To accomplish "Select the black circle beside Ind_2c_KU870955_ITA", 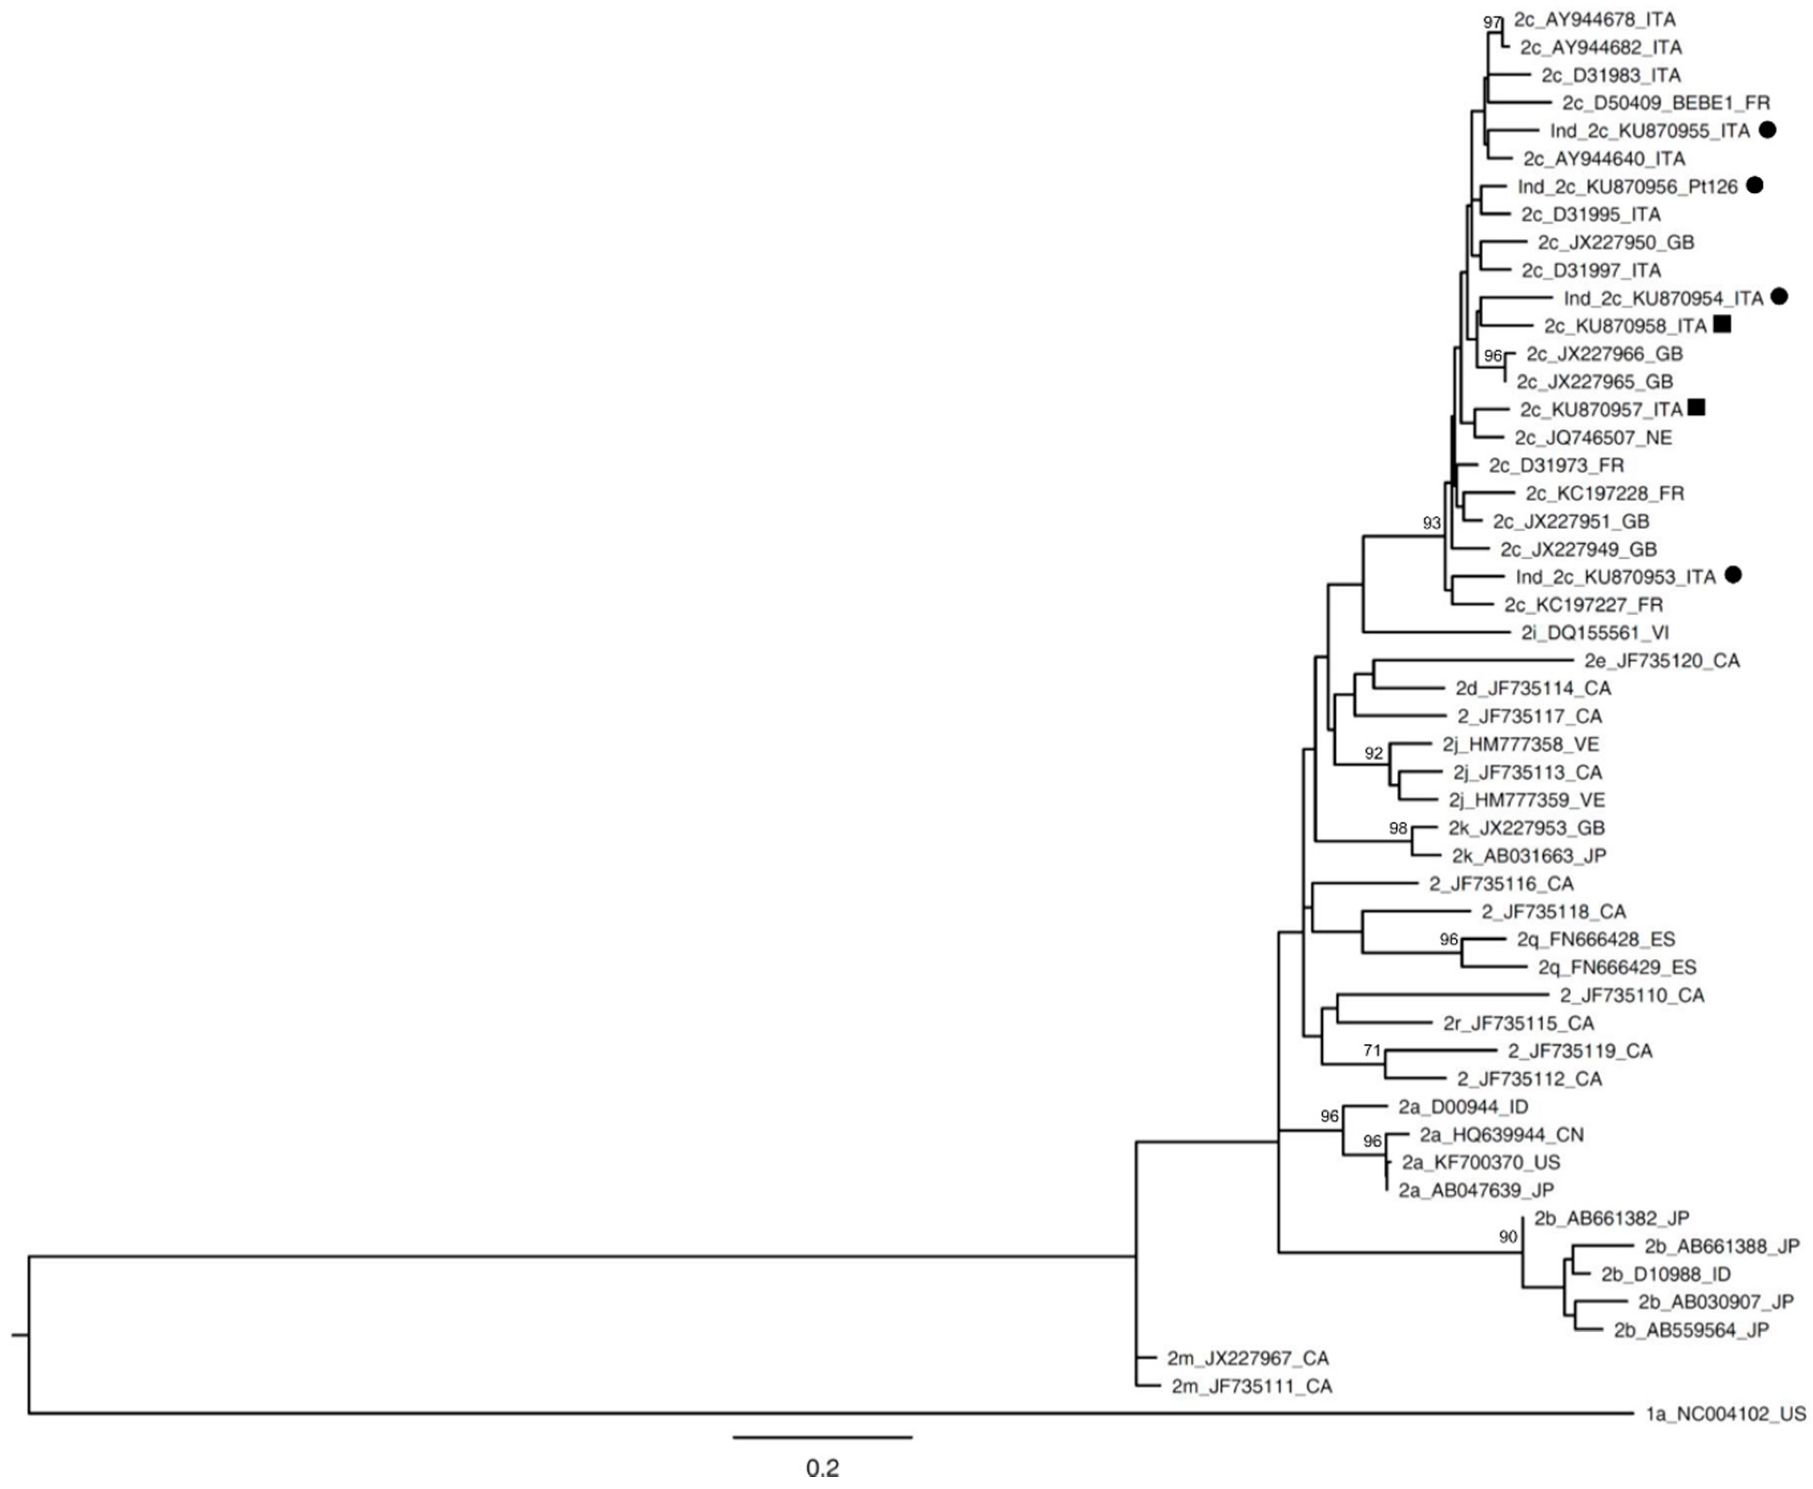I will pyautogui.click(x=1767, y=130).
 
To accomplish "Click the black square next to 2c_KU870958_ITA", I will pyautogui.click(x=1722, y=324).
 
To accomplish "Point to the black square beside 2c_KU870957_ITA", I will pyautogui.click(x=1696, y=408).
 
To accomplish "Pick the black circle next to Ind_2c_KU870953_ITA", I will pyautogui.click(x=1733, y=576).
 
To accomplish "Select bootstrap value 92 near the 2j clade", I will pyautogui.click(x=1374, y=753).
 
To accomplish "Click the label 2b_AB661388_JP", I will pyautogui.click(x=1722, y=1246).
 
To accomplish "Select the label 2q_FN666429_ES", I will pyautogui.click(x=1617, y=968).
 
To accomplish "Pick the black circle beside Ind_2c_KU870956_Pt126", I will pyautogui.click(x=1755, y=185).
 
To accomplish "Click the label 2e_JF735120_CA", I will pyautogui.click(x=1663, y=660).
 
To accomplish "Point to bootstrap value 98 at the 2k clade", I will pyautogui.click(x=1399, y=828).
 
